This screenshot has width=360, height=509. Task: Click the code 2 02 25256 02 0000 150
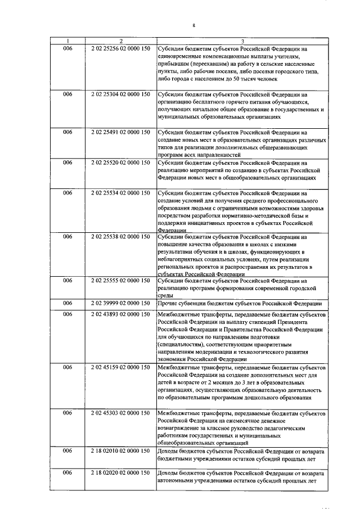tap(120, 49)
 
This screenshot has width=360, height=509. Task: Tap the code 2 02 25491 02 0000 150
tap(120, 132)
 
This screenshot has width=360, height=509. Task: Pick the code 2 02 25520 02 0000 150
tap(120, 163)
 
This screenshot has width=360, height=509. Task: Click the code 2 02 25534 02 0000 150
tap(120, 193)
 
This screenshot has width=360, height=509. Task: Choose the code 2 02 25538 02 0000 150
tap(120, 237)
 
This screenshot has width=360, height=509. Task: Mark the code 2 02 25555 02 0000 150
tap(120, 281)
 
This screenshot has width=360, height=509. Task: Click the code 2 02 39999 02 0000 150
tap(120, 303)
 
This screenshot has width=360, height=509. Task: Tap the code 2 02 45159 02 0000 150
tap(120, 367)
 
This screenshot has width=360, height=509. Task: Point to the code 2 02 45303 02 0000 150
tap(120, 413)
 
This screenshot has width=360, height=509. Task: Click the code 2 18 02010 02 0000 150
tap(120, 451)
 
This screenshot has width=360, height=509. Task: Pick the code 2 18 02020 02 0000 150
tap(120, 473)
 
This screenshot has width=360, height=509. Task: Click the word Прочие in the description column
tap(168, 303)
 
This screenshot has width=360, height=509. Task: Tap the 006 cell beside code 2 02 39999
tap(67, 303)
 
